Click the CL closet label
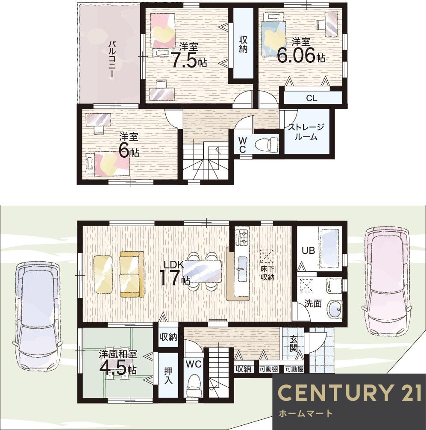pos(311,98)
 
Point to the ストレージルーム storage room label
pos(306,132)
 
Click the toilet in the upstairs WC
pos(266,144)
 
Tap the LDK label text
pos(173,265)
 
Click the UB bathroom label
pos(308,250)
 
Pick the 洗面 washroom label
pos(313,303)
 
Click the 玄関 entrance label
pos(293,344)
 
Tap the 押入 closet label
pos(168,375)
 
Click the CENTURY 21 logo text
pos(349,392)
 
